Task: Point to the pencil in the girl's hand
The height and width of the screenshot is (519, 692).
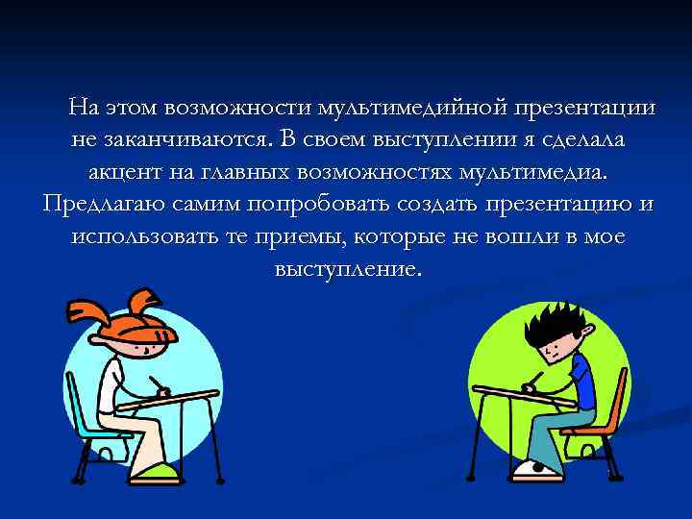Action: click(157, 383)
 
